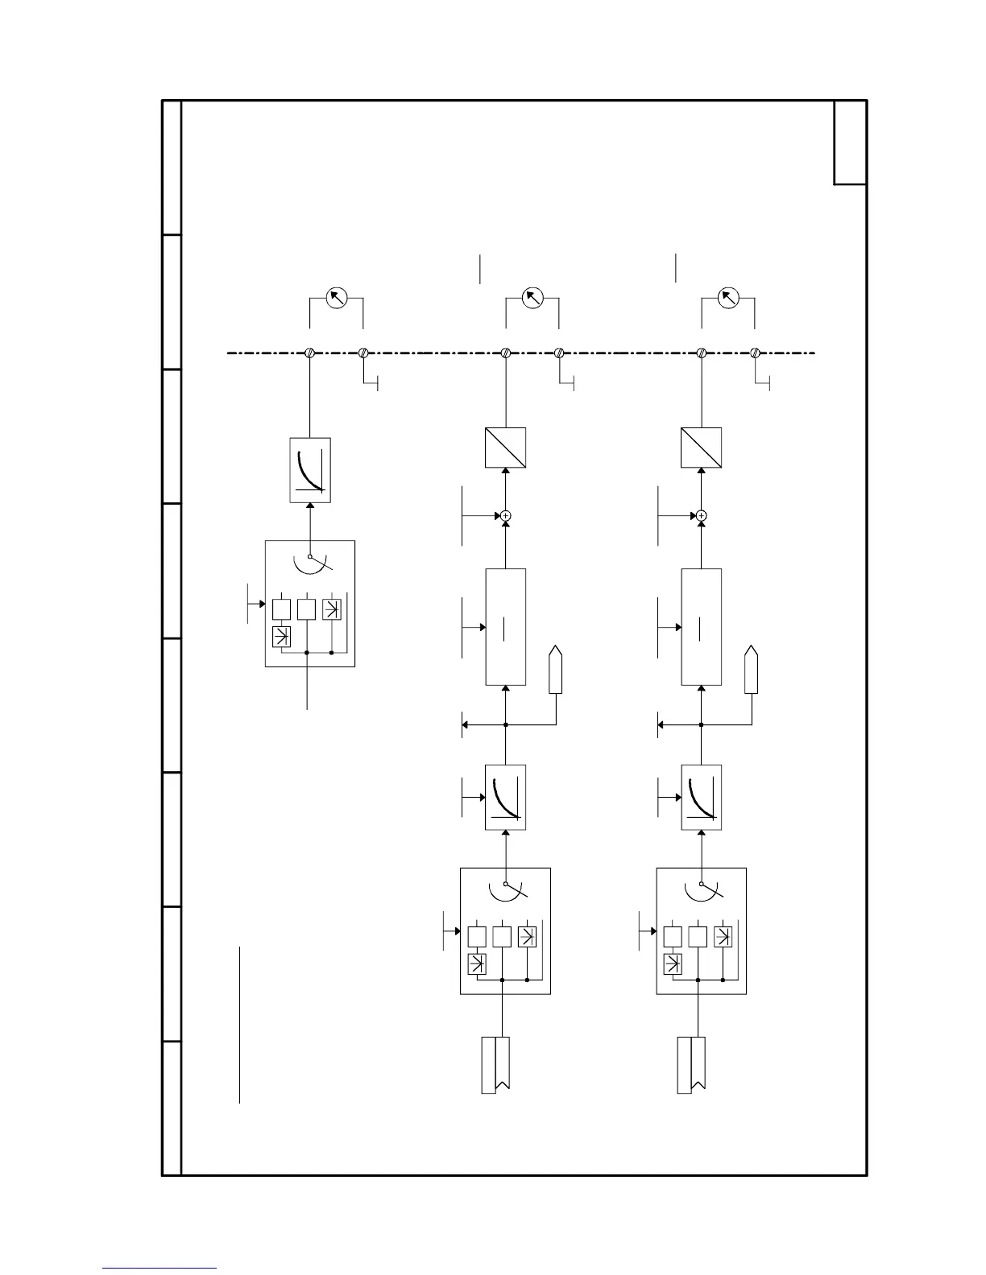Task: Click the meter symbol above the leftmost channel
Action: pos(336,299)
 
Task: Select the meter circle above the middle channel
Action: pos(532,299)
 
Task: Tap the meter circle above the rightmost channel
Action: pos(728,299)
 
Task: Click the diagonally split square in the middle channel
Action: pos(506,448)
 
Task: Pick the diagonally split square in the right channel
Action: pos(702,448)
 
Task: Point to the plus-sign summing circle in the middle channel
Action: pos(506,515)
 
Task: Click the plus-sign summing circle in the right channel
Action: pos(702,515)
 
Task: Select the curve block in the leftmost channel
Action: pos(310,470)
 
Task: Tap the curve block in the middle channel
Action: pos(506,797)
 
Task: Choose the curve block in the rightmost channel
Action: pos(702,797)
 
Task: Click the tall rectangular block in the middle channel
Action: pos(506,627)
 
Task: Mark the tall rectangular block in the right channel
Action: pos(702,627)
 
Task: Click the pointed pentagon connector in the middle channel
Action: pos(555,669)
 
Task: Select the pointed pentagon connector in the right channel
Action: pos(752,669)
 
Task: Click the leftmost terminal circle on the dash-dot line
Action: pos(310,353)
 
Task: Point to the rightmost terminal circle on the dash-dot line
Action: pos(756,353)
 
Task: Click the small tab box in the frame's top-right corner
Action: pos(850,142)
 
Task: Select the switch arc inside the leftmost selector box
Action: pos(310,562)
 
